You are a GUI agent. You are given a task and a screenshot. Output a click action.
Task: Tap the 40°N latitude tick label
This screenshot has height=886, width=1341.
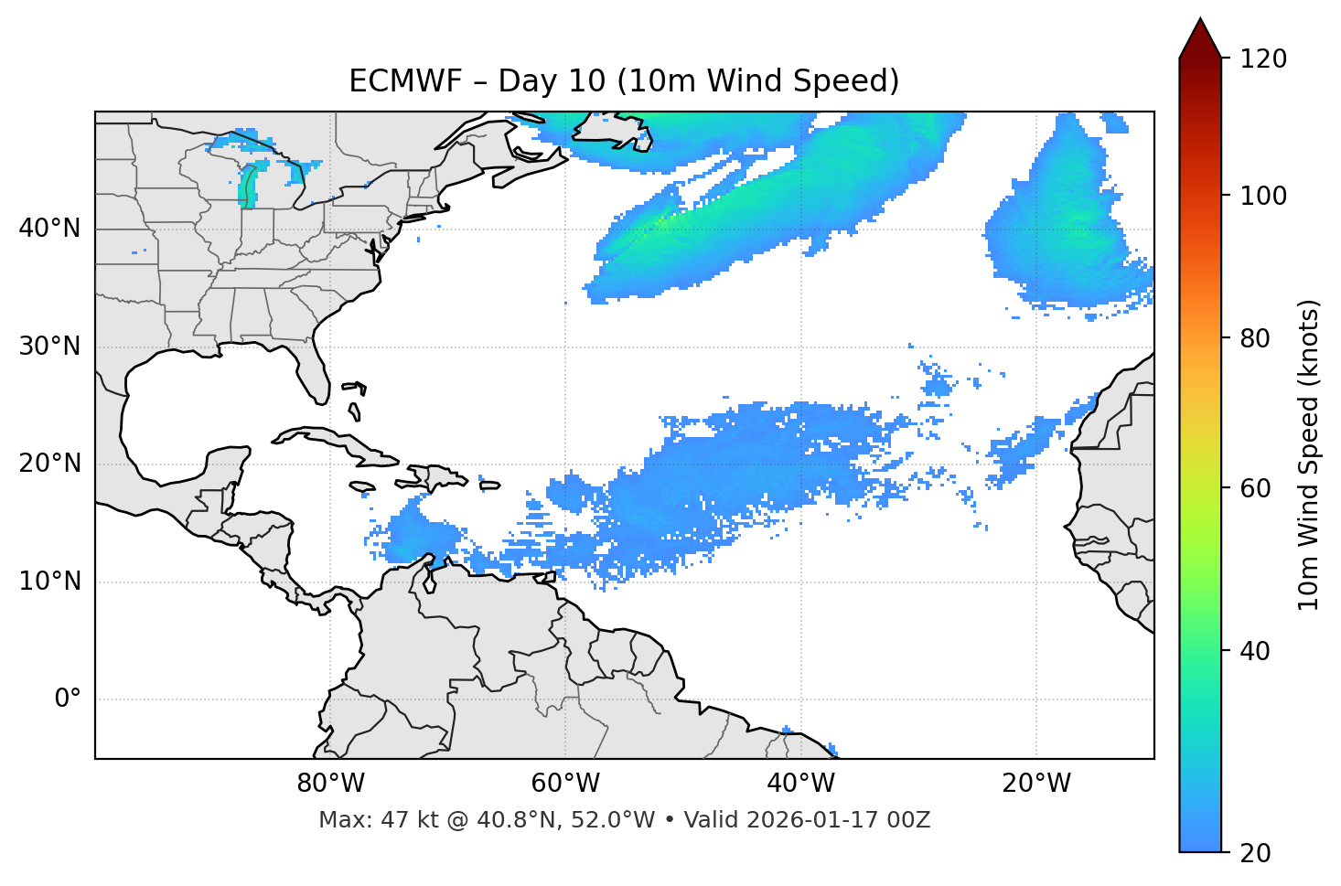[x=49, y=229]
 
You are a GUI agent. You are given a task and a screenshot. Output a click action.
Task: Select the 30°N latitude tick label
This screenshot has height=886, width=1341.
[x=49, y=347]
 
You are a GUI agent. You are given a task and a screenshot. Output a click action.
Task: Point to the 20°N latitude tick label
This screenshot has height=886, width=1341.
[x=49, y=464]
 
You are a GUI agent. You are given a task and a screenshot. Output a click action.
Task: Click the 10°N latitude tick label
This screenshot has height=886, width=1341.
[x=49, y=582]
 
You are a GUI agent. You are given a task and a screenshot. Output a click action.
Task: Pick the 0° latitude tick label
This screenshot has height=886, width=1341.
[x=67, y=699]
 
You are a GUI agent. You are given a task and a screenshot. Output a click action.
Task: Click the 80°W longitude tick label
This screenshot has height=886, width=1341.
[x=330, y=784]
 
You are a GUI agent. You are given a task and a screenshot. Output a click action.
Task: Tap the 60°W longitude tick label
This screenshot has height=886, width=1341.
[x=565, y=784]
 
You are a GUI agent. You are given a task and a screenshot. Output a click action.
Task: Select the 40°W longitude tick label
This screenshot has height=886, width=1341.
[x=800, y=784]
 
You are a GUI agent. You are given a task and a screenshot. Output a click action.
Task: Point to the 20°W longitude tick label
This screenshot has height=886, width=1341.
[x=1035, y=784]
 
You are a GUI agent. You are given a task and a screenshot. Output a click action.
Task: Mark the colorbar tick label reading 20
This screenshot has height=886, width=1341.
[x=1255, y=853]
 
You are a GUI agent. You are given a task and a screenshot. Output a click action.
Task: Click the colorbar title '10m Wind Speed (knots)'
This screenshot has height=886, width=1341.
[x=1309, y=454]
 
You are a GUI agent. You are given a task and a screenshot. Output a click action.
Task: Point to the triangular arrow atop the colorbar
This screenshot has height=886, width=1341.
[x=1200, y=39]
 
